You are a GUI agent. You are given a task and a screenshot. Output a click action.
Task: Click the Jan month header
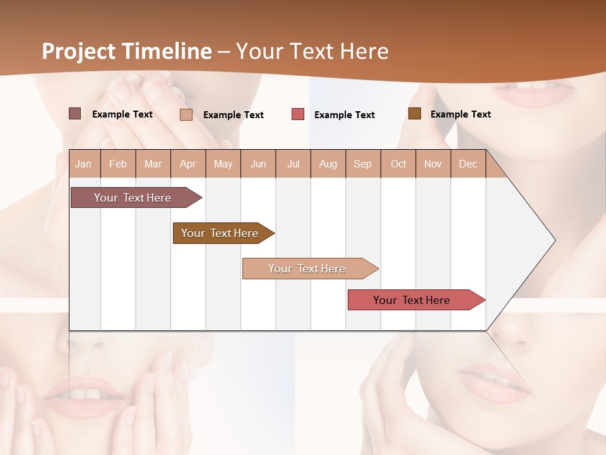tap(83, 164)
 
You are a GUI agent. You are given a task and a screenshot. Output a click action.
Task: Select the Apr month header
tap(187, 164)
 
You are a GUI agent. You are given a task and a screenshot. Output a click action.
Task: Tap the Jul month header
tap(293, 164)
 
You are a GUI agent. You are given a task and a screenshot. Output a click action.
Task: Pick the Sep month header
tap(362, 164)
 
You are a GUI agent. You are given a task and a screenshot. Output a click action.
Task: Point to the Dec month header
tap(468, 164)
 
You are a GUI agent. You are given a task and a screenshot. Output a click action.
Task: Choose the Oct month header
tap(398, 164)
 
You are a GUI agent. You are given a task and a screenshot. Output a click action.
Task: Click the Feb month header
tap(118, 164)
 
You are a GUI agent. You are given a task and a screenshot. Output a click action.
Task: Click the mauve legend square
tap(74, 114)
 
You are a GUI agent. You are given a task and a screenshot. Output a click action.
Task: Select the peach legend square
tap(186, 114)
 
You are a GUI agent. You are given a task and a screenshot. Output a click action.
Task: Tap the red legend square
tap(298, 114)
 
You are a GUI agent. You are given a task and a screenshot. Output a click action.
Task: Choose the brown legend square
tap(414, 114)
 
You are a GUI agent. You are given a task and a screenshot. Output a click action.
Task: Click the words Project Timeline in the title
tap(126, 51)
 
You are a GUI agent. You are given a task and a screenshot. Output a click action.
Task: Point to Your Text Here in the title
tap(312, 51)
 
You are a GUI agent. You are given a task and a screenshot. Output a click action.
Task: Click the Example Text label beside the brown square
tap(460, 114)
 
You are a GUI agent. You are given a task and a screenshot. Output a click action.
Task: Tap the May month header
tap(223, 164)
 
